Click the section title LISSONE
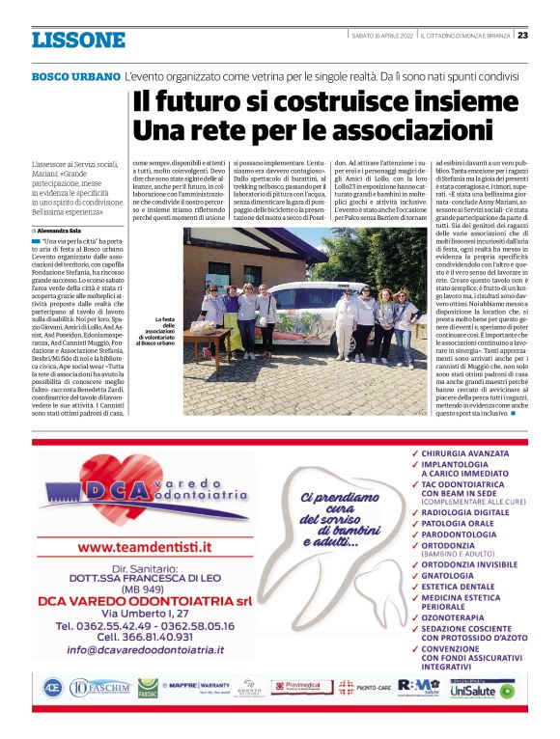click(x=78, y=41)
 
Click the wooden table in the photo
click(x=209, y=334)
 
